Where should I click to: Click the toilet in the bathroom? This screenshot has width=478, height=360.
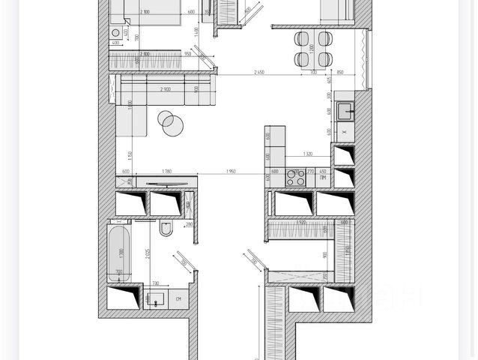point(166,229)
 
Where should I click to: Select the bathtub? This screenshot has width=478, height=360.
point(118,253)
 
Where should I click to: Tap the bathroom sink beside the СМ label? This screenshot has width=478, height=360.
point(157,300)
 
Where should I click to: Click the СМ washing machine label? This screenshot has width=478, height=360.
point(179,300)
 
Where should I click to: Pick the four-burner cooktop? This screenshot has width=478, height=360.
point(294,178)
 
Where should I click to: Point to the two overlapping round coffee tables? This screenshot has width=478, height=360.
point(172,123)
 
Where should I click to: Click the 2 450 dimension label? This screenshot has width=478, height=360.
point(260,71)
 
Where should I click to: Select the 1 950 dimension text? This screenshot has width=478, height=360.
point(231,172)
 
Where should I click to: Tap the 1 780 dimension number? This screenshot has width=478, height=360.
point(166,172)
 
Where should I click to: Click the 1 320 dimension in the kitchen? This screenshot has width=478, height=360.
point(308,154)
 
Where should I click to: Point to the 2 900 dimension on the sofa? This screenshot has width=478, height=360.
point(165,89)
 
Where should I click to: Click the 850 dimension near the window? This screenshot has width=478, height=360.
point(340,72)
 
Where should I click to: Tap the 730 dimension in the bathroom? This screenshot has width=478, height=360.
point(155,283)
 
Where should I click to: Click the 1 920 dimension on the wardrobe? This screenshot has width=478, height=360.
point(300,222)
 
